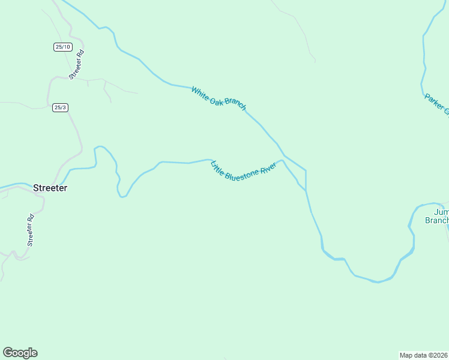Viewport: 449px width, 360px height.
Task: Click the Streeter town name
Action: (x=50, y=188)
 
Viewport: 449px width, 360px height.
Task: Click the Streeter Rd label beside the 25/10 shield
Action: (x=76, y=65)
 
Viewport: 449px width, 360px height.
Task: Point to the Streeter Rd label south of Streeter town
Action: (x=31, y=230)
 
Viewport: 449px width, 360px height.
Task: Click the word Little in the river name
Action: (x=217, y=167)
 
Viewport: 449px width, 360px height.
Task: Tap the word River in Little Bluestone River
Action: (x=268, y=168)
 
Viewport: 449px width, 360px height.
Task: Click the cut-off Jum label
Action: (x=441, y=212)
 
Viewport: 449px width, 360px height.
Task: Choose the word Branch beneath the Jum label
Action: (x=436, y=220)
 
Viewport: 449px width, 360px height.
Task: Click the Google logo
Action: (x=20, y=353)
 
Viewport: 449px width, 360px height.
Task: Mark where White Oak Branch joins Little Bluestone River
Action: (x=306, y=190)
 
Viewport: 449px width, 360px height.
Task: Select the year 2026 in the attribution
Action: (x=441, y=355)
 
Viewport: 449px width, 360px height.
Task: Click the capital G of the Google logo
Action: (x=8, y=352)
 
